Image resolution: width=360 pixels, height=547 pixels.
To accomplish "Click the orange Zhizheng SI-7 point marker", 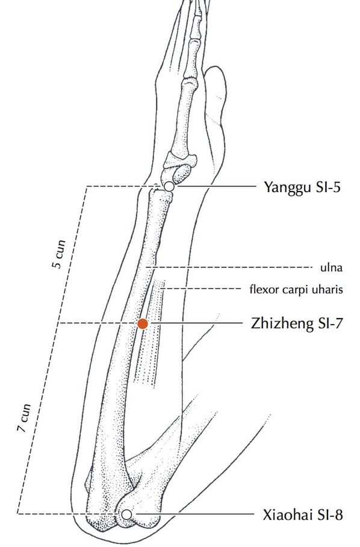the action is pyautogui.click(x=143, y=324).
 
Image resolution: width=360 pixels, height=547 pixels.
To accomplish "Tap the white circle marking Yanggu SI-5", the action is pyautogui.click(x=169, y=187).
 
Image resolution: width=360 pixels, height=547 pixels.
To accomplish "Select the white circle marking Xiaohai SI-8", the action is pyautogui.click(x=127, y=514).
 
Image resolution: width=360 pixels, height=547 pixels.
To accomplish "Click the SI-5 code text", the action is pyautogui.click(x=328, y=187).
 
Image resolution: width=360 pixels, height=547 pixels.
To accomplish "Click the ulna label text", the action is pyautogui.click(x=332, y=267).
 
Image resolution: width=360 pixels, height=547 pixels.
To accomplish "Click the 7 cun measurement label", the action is pyautogui.click(x=24, y=418).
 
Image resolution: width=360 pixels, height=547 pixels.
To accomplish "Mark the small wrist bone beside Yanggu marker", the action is pyautogui.click(x=182, y=173).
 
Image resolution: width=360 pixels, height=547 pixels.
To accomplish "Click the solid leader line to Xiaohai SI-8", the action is pyautogui.click(x=195, y=514).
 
